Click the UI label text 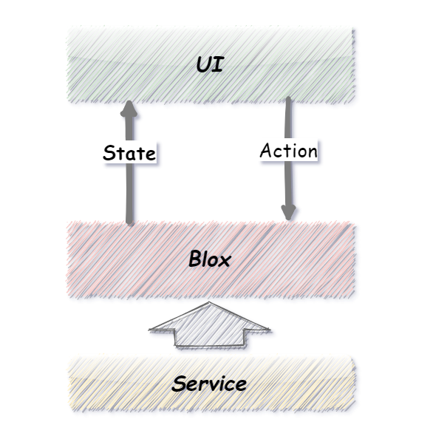click(x=210, y=64)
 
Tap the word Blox click(x=210, y=259)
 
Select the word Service click(x=209, y=384)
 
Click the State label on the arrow click(x=129, y=153)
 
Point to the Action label click(x=289, y=150)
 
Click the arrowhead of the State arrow click(x=129, y=109)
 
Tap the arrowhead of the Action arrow click(x=288, y=212)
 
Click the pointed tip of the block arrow click(x=209, y=302)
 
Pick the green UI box click(x=211, y=65)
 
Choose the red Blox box click(x=211, y=259)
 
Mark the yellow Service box click(x=211, y=384)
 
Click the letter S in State click(x=109, y=153)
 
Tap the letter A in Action click(x=266, y=150)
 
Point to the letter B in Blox click(x=195, y=258)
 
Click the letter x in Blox click(x=225, y=261)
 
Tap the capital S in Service click(x=179, y=384)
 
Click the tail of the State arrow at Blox click(x=129, y=223)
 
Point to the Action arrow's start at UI click(x=288, y=98)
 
